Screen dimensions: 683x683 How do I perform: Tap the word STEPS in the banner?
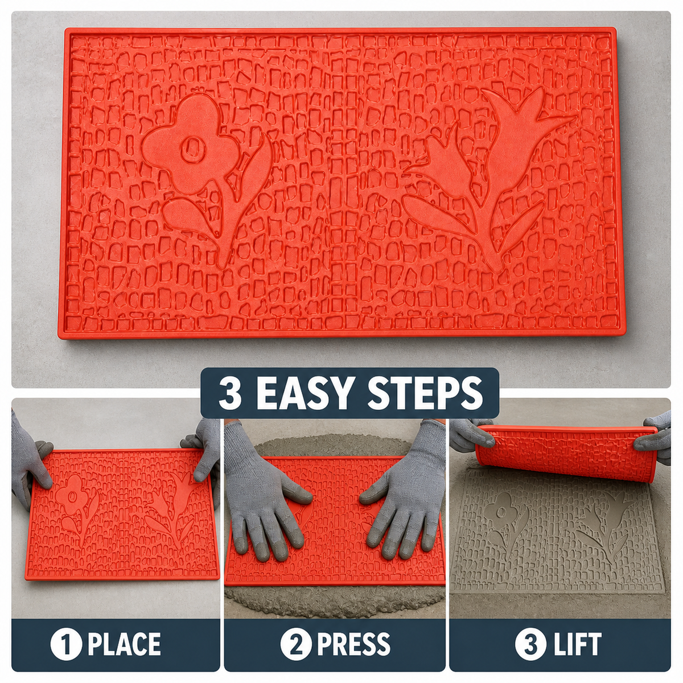pyautogui.click(x=425, y=393)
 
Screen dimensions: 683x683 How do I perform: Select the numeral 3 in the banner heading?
pyautogui.click(x=230, y=393)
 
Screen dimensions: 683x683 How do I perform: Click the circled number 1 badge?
pyautogui.click(x=66, y=644)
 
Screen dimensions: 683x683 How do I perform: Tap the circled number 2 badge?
pyautogui.click(x=296, y=644)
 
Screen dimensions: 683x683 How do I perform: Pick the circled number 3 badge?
pyautogui.click(x=530, y=644)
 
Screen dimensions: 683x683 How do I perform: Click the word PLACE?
pyautogui.click(x=124, y=644)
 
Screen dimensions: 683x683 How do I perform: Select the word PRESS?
pyautogui.click(x=353, y=644)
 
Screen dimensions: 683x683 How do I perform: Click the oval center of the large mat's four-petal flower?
pyautogui.click(x=191, y=150)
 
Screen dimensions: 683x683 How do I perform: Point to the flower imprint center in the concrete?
pyautogui.click(x=501, y=512)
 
